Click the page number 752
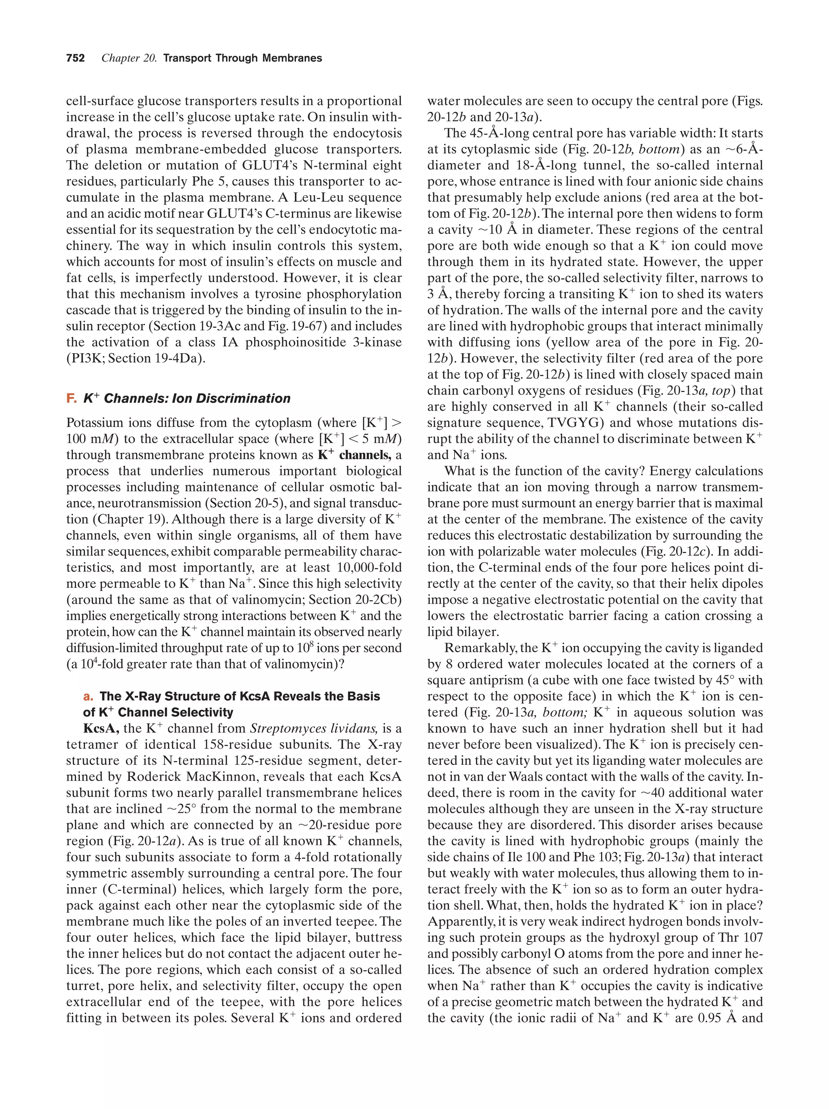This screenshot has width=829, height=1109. coord(75,58)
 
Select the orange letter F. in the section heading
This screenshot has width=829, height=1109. coord(71,399)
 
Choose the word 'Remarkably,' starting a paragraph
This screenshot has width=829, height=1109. coord(476,648)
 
